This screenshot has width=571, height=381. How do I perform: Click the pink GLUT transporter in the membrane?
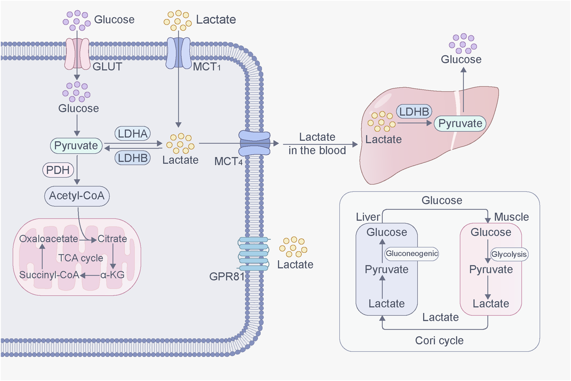pyautogui.click(x=77, y=54)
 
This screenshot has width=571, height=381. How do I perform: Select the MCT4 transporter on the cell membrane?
pyautogui.click(x=255, y=144)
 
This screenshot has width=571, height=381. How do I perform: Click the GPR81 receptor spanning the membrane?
pyautogui.click(x=254, y=254)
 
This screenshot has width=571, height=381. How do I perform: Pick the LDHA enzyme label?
pyautogui.click(x=132, y=134)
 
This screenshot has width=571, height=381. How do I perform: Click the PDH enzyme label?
pyautogui.click(x=58, y=170)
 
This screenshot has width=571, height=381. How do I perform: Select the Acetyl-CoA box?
pyautogui.click(x=77, y=196)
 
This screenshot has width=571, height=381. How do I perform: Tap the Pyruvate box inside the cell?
pyautogui.click(x=76, y=146)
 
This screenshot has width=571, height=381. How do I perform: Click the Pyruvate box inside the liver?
pyautogui.click(x=460, y=124)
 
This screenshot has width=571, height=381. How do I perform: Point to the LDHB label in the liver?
pyautogui.click(x=414, y=112)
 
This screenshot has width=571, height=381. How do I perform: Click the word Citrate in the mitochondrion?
pyautogui.click(x=112, y=239)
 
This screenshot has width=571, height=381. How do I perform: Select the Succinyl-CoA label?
pyautogui.click(x=49, y=275)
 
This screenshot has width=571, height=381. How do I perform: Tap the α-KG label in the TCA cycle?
pyautogui.click(x=112, y=275)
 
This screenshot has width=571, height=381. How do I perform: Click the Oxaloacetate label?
pyautogui.click(x=48, y=239)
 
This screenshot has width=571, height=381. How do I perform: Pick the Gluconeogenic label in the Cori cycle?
pyautogui.click(x=411, y=253)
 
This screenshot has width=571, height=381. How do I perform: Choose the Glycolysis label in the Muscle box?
pyautogui.click(x=509, y=254)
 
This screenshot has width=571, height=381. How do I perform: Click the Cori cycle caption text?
pyautogui.click(x=439, y=340)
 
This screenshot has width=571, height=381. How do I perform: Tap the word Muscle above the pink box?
pyautogui.click(x=511, y=217)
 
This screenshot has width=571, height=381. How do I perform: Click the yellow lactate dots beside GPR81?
pyautogui.click(x=293, y=247)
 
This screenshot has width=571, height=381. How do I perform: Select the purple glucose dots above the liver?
pyautogui.click(x=463, y=43)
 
